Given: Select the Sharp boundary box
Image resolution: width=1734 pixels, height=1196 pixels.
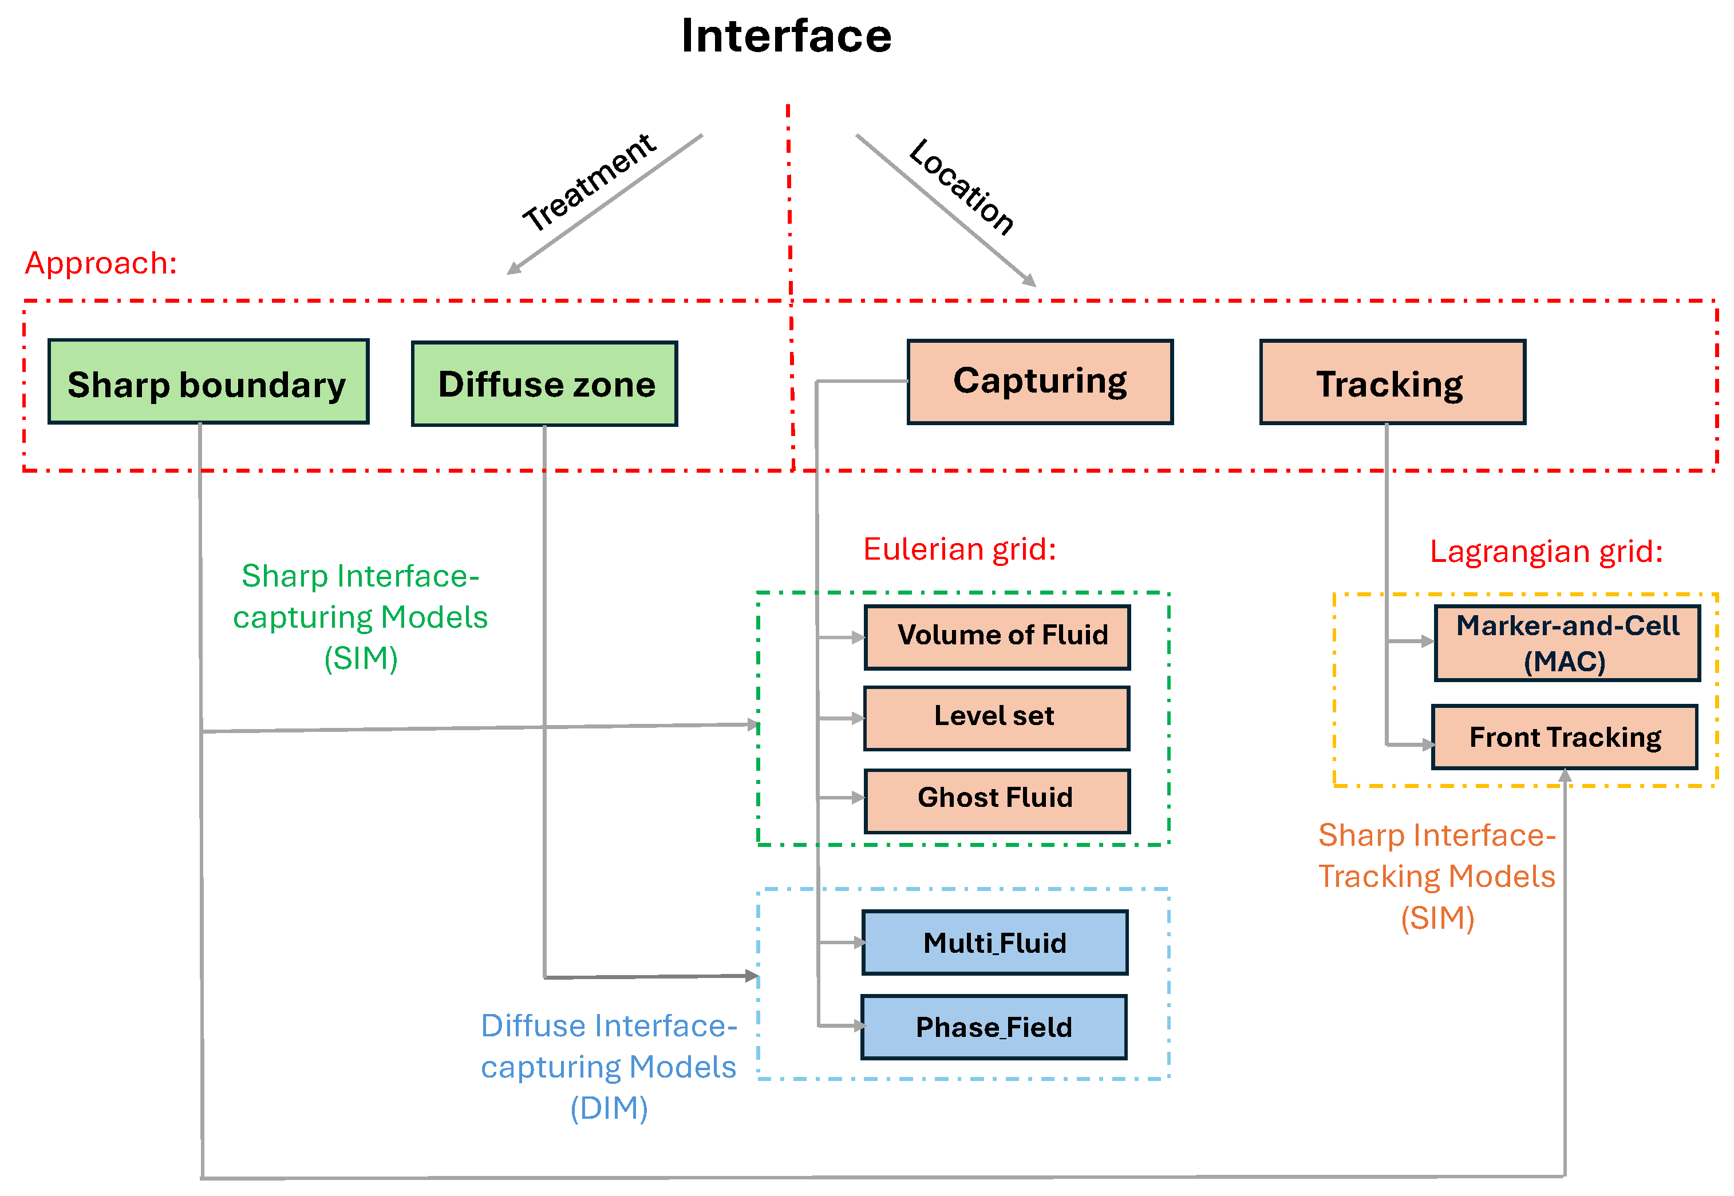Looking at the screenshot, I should click(208, 382).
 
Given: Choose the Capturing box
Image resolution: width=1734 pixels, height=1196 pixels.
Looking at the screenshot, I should click(1040, 382).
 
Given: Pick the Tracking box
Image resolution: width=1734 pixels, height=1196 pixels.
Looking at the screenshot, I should click(1392, 383).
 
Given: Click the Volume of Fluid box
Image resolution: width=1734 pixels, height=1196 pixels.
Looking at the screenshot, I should click(997, 637).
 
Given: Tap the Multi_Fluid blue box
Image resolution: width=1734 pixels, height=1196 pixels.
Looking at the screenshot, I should click(995, 942).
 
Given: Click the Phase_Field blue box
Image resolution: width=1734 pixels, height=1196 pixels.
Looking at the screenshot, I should click(993, 1027).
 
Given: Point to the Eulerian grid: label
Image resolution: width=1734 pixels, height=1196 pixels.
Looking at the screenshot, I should click(959, 549).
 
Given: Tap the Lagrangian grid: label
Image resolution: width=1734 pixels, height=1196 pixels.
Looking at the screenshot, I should click(1546, 552).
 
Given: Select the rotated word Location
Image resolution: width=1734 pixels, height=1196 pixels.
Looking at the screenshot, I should click(961, 187).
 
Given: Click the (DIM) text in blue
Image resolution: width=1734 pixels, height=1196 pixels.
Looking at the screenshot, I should click(609, 1107).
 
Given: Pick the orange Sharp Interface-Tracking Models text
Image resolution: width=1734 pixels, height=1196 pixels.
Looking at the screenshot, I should click(1436, 856).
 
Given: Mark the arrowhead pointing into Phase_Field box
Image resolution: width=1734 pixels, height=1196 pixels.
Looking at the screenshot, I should click(858, 1026).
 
